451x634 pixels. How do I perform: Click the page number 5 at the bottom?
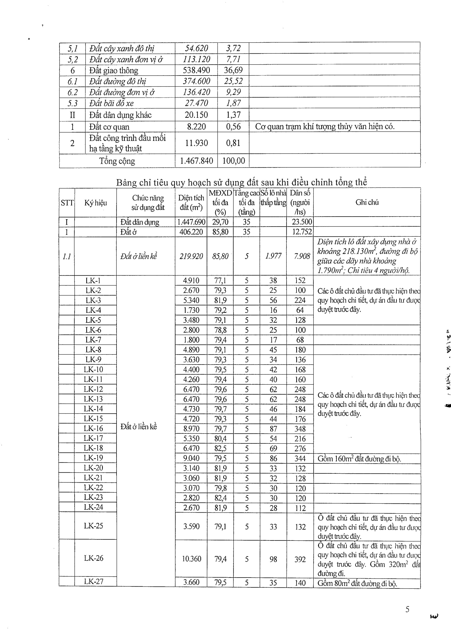[407, 609]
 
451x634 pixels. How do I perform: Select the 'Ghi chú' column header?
[367, 202]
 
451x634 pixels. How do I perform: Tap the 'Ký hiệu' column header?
[95, 203]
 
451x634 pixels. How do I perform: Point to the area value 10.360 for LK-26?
[191, 559]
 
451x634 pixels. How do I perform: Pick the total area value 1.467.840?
[196, 161]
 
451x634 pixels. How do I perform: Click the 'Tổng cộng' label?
[117, 161]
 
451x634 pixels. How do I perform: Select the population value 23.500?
[301, 222]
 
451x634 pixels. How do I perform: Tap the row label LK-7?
[93, 340]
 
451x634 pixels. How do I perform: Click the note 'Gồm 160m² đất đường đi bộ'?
[359, 459]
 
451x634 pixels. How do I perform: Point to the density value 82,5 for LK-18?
[220, 448]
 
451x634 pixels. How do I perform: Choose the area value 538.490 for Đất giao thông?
[196, 70]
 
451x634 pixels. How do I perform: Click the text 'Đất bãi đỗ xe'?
[111, 103]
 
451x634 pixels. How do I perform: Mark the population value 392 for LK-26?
[300, 559]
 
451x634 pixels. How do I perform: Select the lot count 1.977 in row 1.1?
[273, 256]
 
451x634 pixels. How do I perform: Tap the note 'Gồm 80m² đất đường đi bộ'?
[357, 583]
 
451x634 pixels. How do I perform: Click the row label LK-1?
[93, 280]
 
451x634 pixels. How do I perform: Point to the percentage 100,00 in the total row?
[233, 161]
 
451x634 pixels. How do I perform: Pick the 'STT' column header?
[67, 203]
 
